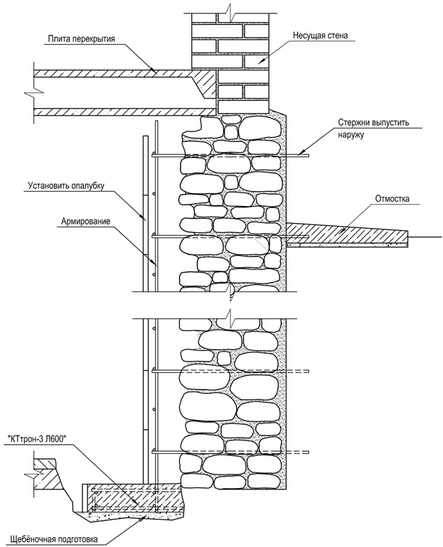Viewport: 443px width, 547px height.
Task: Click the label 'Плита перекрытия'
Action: pos(82,38)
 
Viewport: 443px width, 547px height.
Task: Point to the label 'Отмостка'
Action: pos(393,199)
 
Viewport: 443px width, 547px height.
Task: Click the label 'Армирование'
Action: pos(85,222)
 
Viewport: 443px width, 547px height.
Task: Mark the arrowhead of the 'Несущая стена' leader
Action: pos(260,65)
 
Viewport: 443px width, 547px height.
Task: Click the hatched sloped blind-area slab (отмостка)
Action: pos(341,232)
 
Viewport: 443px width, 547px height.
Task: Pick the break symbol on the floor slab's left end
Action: pos(29,92)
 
